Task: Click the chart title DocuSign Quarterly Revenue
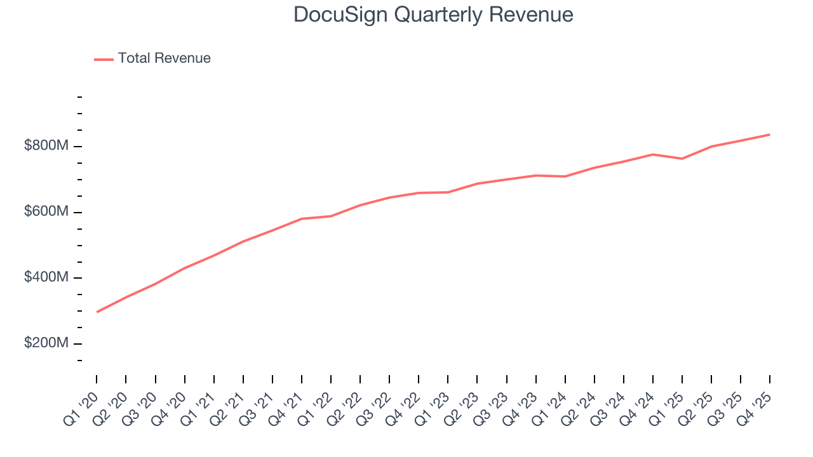(433, 15)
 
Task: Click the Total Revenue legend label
(164, 58)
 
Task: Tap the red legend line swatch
(104, 59)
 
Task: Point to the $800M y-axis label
(46, 146)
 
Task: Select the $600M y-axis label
(46, 212)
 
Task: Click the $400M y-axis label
(46, 277)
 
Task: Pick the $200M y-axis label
(46, 343)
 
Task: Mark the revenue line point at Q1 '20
(97, 312)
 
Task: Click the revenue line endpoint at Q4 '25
(770, 135)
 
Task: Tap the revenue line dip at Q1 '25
(682, 159)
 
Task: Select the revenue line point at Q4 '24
(653, 154)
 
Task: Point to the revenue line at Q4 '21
(302, 219)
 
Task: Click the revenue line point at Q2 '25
(711, 147)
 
